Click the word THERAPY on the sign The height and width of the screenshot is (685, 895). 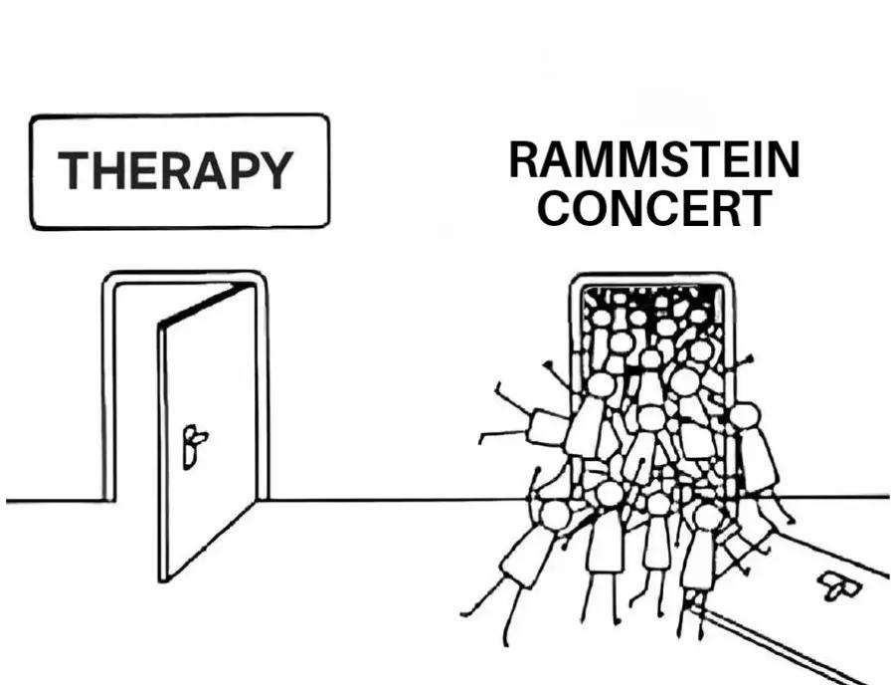(176, 170)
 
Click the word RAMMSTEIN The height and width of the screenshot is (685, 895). (654, 160)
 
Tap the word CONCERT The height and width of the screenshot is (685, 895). (654, 208)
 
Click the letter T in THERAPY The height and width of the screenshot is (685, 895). (73, 170)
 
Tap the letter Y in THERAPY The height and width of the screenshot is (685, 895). (276, 170)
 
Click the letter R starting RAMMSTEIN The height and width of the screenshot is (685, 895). (524, 160)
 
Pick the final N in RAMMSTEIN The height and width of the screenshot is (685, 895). (785, 160)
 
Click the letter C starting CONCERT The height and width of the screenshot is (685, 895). (555, 208)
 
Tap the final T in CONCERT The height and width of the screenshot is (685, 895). (757, 208)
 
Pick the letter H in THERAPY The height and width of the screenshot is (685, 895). (107, 170)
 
